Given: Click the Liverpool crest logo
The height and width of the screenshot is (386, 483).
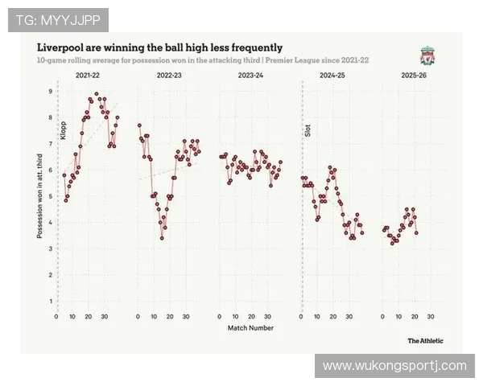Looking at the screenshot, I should (x=427, y=55).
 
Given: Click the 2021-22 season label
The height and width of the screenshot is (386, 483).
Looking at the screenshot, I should (x=88, y=75).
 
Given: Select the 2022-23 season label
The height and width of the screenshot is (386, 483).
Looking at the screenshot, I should (x=169, y=75).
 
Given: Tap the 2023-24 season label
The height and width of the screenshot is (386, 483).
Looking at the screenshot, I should (x=251, y=75).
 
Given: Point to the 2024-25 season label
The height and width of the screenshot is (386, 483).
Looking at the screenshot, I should (x=332, y=75).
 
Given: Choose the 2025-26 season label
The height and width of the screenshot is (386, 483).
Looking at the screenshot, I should (x=413, y=75).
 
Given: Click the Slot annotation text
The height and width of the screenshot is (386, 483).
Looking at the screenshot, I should (x=308, y=129).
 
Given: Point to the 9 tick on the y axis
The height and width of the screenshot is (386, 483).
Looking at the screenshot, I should (x=50, y=92).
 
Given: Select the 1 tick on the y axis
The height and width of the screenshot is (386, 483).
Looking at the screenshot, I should (x=50, y=302).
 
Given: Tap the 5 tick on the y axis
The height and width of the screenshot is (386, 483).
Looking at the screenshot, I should (x=50, y=197).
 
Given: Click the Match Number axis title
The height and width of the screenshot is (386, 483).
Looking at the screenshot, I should (x=250, y=328).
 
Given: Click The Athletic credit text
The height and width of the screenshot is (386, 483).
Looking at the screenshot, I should (x=424, y=340).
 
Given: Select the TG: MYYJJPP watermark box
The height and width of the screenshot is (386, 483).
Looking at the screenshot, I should (x=58, y=19).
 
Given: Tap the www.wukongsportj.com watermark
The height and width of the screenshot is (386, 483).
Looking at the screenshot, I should (x=394, y=366).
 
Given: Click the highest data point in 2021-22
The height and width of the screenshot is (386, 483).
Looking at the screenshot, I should (x=97, y=93).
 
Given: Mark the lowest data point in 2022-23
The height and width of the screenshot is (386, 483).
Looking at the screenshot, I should (x=162, y=238).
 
